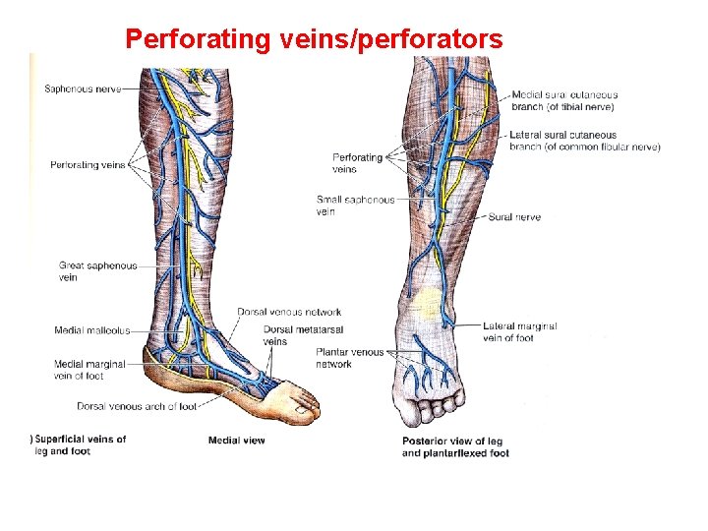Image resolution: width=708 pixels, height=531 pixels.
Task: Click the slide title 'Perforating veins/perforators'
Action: point(315,39)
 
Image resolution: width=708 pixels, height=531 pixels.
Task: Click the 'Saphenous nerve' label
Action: point(83,88)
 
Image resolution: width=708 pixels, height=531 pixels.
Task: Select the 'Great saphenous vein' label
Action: point(97,271)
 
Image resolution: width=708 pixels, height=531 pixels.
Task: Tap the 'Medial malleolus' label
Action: point(91,331)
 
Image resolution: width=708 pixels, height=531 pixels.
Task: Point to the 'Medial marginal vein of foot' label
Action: point(90,370)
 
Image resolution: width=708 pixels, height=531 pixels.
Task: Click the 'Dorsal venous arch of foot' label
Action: point(136,406)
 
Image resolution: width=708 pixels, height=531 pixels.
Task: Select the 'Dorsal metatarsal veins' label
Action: point(288,335)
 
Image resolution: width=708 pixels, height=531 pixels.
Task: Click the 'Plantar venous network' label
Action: point(349,358)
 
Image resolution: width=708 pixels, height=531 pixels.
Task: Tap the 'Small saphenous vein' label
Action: point(355,206)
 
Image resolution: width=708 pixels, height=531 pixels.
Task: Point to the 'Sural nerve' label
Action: point(514,217)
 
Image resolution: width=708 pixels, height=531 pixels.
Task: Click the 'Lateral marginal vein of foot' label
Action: point(520,331)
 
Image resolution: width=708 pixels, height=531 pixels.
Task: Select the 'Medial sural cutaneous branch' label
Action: point(565,100)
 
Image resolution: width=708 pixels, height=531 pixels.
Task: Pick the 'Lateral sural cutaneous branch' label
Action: point(584,142)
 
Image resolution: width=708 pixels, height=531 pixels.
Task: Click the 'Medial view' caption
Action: point(236,441)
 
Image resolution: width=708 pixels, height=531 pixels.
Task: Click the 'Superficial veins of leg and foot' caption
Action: point(80,445)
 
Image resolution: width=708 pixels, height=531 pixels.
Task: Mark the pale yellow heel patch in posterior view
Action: point(429,302)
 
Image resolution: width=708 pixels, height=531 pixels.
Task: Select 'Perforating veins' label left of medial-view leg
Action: point(88,165)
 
